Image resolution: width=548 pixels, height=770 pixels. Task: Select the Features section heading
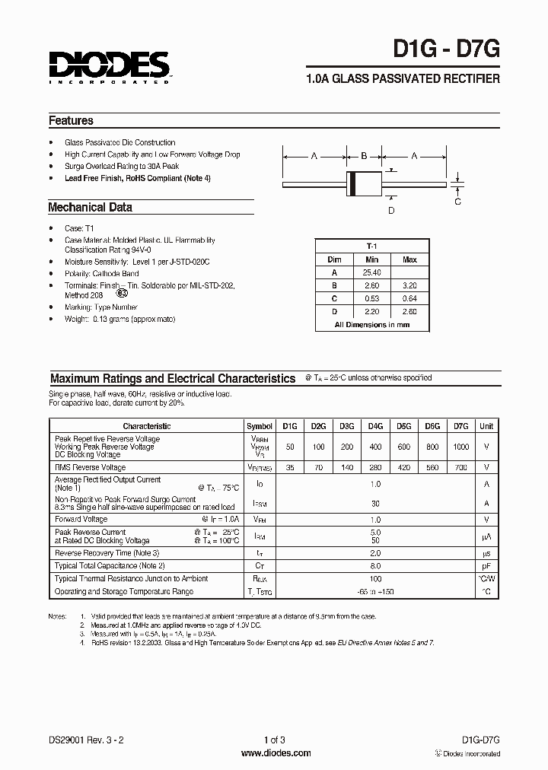[71, 120]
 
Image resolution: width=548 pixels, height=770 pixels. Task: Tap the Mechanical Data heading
[90, 207]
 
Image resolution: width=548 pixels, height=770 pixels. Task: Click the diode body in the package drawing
[363, 184]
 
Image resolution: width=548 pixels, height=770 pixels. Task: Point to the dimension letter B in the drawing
[363, 156]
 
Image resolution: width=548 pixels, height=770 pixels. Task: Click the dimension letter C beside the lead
[457, 202]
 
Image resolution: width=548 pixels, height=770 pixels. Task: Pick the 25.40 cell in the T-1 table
[372, 272]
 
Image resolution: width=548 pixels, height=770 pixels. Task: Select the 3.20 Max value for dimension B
[409, 285]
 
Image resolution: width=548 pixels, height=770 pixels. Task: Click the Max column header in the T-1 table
[409, 259]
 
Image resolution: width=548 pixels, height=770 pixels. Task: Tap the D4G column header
[376, 427]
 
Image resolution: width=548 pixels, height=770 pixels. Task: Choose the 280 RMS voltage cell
[376, 468]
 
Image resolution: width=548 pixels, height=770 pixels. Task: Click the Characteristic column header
[147, 427]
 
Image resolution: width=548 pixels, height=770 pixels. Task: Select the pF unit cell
[486, 565]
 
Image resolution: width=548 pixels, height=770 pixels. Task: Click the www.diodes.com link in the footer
[276, 753]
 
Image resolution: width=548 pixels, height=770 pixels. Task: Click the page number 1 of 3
[275, 739]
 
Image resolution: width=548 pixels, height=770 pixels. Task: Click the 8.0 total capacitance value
[375, 565]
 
